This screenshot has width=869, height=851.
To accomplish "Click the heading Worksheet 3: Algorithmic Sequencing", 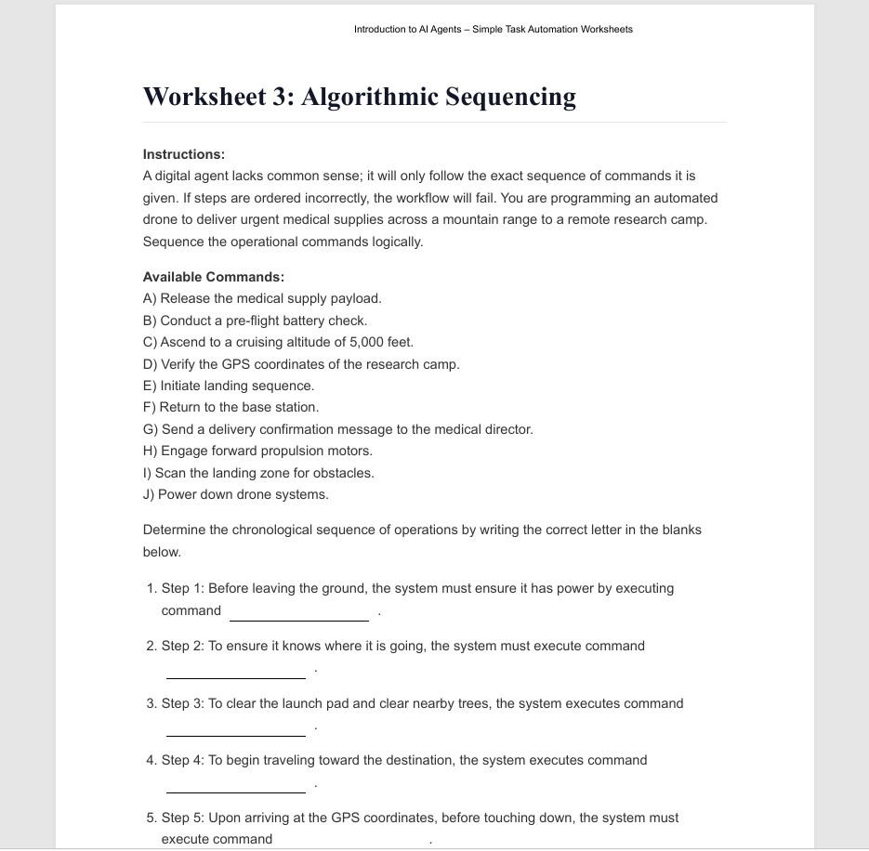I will [359, 98].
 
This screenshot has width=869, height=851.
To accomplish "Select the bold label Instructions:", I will [184, 154].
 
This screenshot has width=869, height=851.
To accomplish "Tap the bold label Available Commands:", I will [213, 277].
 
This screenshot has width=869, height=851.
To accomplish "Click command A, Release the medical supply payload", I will [262, 298].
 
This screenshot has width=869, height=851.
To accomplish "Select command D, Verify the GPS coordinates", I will [301, 364].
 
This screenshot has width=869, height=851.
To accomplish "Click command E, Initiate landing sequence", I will [229, 386].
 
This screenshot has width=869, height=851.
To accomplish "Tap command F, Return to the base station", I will [230, 407].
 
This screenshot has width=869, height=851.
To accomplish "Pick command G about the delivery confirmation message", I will [338, 429].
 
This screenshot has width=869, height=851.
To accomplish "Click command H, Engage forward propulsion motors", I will [257, 451].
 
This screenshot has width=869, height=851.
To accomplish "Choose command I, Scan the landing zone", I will [258, 473].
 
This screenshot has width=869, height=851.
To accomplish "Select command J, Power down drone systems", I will [236, 494].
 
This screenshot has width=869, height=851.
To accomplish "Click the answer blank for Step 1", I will [298, 613].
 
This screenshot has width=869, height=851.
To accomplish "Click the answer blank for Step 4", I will [235, 785].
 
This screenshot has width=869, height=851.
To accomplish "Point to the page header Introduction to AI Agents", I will [493, 30].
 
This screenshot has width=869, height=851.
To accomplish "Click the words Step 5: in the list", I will [183, 818].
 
